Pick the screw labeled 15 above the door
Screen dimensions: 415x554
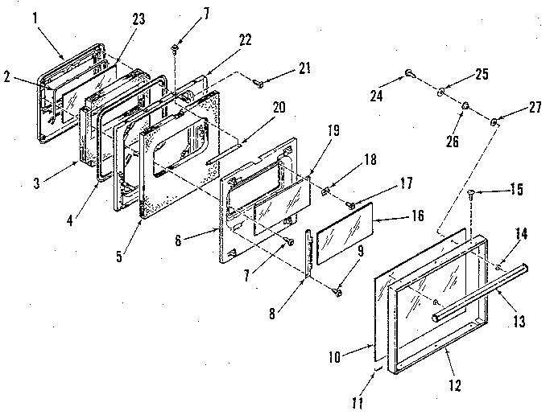470,193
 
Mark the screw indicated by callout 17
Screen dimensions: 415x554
350,206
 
